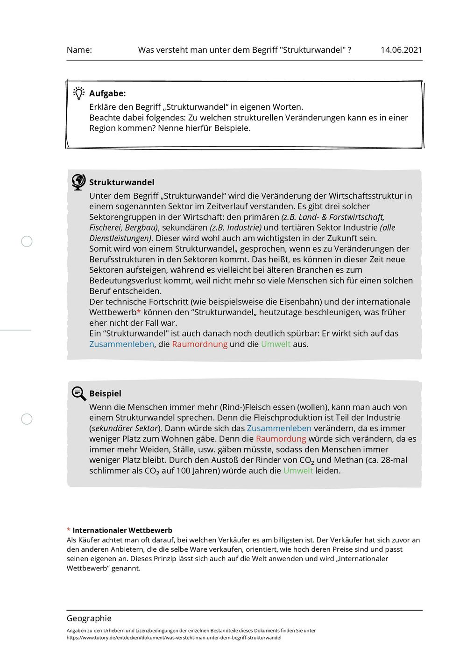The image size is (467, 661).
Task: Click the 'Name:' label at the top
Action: [x=79, y=50]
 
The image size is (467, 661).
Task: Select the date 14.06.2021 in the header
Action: [x=401, y=50]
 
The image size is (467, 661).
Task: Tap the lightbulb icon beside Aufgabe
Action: [x=79, y=93]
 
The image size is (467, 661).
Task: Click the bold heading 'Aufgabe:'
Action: [x=107, y=93]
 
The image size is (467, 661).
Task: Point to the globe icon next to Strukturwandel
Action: [x=78, y=182]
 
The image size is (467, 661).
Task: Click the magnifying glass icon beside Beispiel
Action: [x=78, y=394]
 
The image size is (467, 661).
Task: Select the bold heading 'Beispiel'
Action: [x=105, y=394]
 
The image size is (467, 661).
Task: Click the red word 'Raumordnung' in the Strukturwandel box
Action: [x=199, y=344]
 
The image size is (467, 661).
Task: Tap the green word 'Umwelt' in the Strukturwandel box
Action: [x=276, y=344]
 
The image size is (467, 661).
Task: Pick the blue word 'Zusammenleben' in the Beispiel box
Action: [x=279, y=428]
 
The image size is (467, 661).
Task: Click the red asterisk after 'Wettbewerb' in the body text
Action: [x=139, y=311]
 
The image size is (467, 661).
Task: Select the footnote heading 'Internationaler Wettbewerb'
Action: [x=122, y=530]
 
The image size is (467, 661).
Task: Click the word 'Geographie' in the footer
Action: [x=89, y=619]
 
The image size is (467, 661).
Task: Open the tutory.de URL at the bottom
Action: [x=174, y=638]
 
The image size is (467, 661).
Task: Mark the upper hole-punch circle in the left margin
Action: [x=27, y=241]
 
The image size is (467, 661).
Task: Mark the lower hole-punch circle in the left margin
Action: [x=27, y=419]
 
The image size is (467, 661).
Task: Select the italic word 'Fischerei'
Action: [x=106, y=227]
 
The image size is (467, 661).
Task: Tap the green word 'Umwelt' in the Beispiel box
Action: [x=298, y=471]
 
